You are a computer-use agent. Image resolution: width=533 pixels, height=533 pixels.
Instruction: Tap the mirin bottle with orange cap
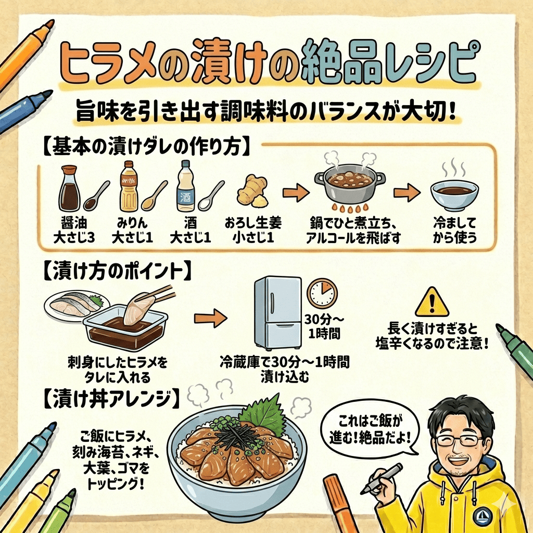tap(129, 186)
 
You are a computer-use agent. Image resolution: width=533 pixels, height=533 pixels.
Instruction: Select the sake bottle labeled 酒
tap(186, 186)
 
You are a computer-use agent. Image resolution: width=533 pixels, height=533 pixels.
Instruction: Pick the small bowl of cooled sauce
tap(454, 195)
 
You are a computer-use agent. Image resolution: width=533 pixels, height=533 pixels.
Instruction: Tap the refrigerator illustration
tap(278, 313)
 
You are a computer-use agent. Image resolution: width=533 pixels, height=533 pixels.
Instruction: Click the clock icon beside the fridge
tap(322, 294)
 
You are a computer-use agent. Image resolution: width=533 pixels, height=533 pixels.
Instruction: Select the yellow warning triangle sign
tap(432, 302)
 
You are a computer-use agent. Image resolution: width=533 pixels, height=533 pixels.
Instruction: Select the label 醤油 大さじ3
tap(74, 231)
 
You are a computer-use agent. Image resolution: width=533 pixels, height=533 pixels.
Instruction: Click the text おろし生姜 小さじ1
tap(253, 231)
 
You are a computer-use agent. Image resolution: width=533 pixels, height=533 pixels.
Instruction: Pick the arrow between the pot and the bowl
tap(407, 193)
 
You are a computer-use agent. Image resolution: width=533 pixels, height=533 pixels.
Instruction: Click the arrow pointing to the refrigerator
tap(210, 319)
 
